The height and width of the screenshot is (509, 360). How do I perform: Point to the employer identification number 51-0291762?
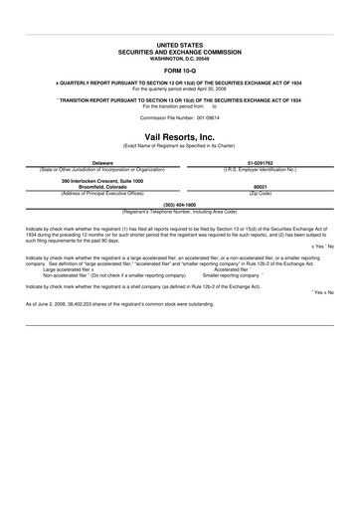(261, 161)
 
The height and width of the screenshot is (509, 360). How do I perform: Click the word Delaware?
(102, 161)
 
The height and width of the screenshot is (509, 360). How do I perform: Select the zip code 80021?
(261, 186)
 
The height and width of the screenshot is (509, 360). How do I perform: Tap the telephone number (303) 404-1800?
(180, 203)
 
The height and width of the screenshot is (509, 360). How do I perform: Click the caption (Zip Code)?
(261, 192)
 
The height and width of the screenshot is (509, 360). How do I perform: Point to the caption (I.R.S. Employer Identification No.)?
(261, 167)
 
